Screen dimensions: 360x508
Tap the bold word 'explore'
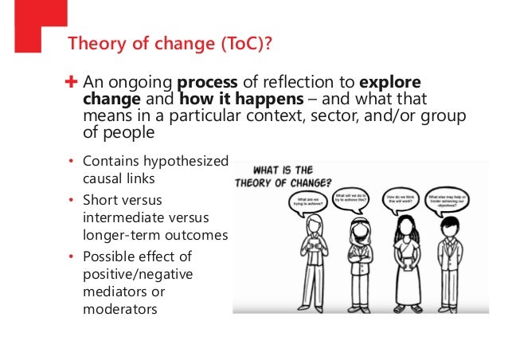[x=390, y=82]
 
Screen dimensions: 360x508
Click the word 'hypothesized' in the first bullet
[x=188, y=162]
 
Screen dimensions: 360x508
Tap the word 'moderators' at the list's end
[x=118, y=309]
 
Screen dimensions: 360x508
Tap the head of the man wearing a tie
[x=450, y=227]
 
